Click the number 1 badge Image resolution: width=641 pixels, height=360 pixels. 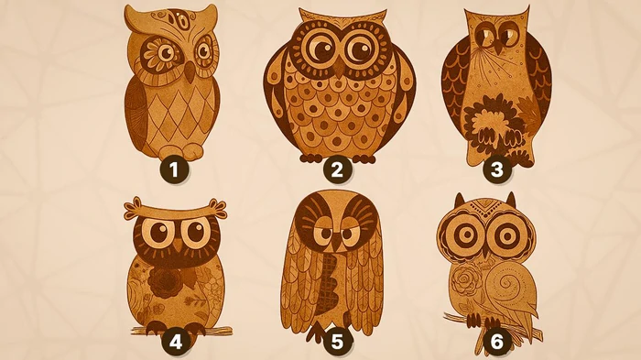click(x=174, y=169)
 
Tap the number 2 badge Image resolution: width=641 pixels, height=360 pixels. click(x=336, y=169)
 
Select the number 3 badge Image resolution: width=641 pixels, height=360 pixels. click(x=496, y=169)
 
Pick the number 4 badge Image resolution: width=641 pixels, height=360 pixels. click(x=176, y=342)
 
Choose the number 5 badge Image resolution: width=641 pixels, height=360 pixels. click(x=336, y=342)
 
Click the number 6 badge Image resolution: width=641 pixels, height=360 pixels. click(x=496, y=342)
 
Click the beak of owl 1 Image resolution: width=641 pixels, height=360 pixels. click(x=190, y=71)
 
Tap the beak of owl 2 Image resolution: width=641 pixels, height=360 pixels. click(x=339, y=69)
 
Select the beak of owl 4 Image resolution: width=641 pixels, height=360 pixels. click(x=179, y=245)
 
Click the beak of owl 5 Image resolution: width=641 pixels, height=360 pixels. click(x=336, y=244)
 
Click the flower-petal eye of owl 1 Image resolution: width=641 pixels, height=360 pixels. click(x=160, y=52)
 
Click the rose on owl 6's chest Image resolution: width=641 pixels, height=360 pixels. click(x=467, y=279)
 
